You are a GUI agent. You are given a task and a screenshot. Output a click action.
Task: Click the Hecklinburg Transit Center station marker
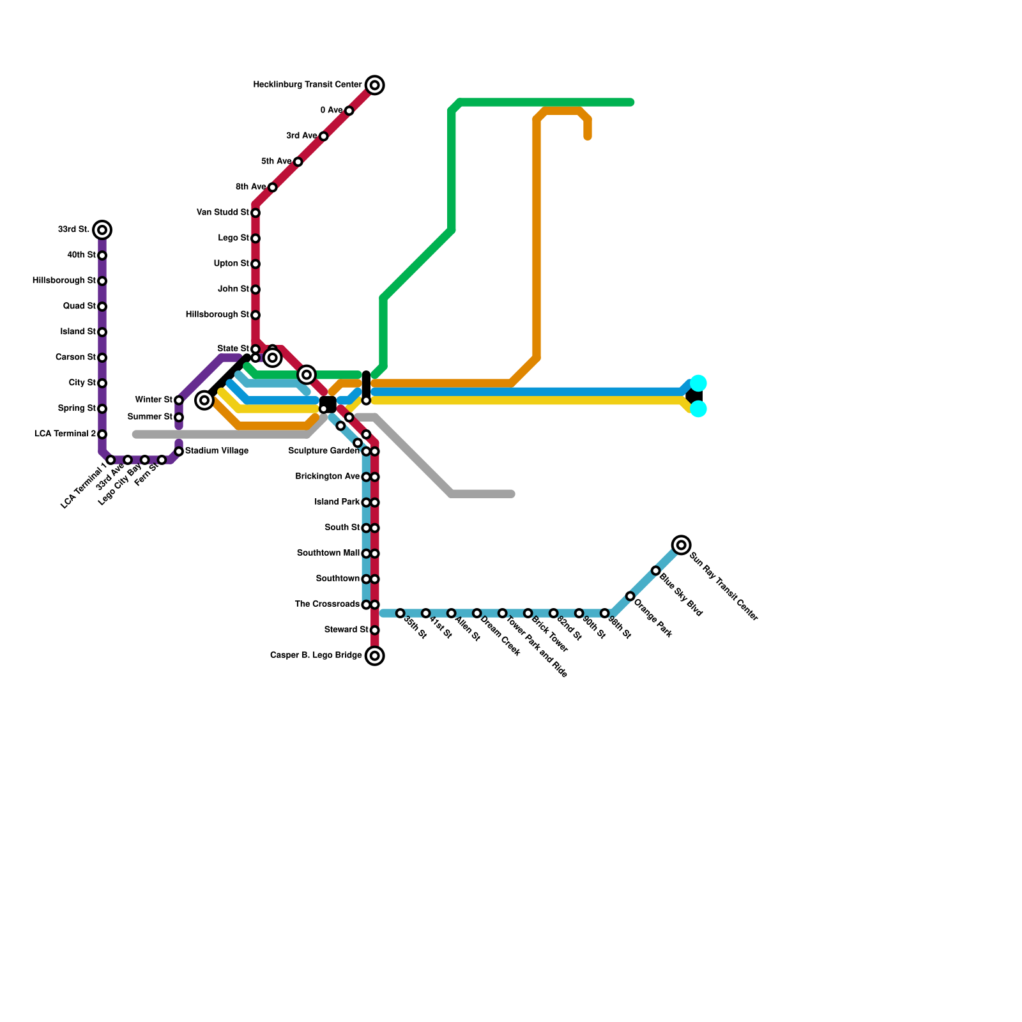point(375,85)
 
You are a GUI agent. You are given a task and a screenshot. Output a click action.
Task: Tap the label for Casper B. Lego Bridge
point(316,655)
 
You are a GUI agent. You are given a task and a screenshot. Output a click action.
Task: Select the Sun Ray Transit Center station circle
point(682,545)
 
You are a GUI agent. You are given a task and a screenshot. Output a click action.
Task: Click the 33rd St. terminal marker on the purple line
point(102,230)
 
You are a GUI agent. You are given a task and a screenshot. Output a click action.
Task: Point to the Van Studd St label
point(223,213)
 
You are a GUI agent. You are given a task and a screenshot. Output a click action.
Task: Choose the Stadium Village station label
point(217,451)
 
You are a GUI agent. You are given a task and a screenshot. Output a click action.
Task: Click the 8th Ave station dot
point(273,187)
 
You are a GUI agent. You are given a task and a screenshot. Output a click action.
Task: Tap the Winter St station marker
point(179,400)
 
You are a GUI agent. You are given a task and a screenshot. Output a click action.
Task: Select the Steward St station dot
point(375,630)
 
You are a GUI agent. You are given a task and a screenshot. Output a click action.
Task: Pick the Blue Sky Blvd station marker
point(656,570)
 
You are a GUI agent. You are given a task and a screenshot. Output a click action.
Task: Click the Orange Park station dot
point(630,596)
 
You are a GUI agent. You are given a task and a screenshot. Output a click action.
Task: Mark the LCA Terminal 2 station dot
point(102,434)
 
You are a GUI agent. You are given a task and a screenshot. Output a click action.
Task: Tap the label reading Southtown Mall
point(328,553)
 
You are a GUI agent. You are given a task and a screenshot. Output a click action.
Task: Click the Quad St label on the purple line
point(79,307)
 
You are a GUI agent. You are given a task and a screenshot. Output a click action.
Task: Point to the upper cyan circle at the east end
point(699,383)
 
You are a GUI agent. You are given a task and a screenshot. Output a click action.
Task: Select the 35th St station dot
point(400,613)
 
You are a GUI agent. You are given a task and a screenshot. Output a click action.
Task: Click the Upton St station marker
point(256,264)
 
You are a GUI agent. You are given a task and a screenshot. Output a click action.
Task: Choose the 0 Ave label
point(332,111)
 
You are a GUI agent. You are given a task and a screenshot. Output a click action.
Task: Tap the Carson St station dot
point(102,358)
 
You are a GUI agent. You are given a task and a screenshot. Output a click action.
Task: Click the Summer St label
point(150,417)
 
